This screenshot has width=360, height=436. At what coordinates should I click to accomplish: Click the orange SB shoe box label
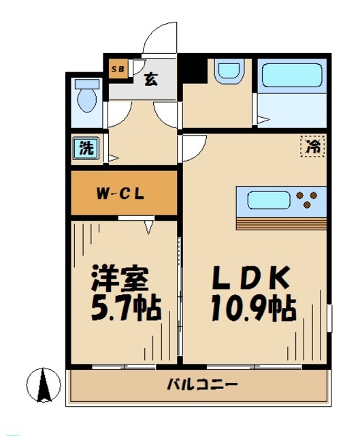pos(117,67)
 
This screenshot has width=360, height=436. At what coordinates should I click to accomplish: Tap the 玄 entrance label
pos(150,78)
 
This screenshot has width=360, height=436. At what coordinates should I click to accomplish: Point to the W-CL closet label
pos(123,193)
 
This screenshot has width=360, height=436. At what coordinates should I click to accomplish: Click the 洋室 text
pos(120,279)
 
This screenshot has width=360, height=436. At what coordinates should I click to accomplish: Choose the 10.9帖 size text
pos(252,311)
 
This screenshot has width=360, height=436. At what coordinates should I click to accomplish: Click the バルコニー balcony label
pos(203,386)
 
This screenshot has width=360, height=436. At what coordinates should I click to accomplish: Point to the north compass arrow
pos(44,385)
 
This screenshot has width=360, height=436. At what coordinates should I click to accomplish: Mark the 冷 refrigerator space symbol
pos(313,146)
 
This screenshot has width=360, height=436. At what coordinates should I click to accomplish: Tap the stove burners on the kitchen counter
pos(307,199)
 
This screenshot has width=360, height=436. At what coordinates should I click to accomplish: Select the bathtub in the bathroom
pos(292,74)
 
